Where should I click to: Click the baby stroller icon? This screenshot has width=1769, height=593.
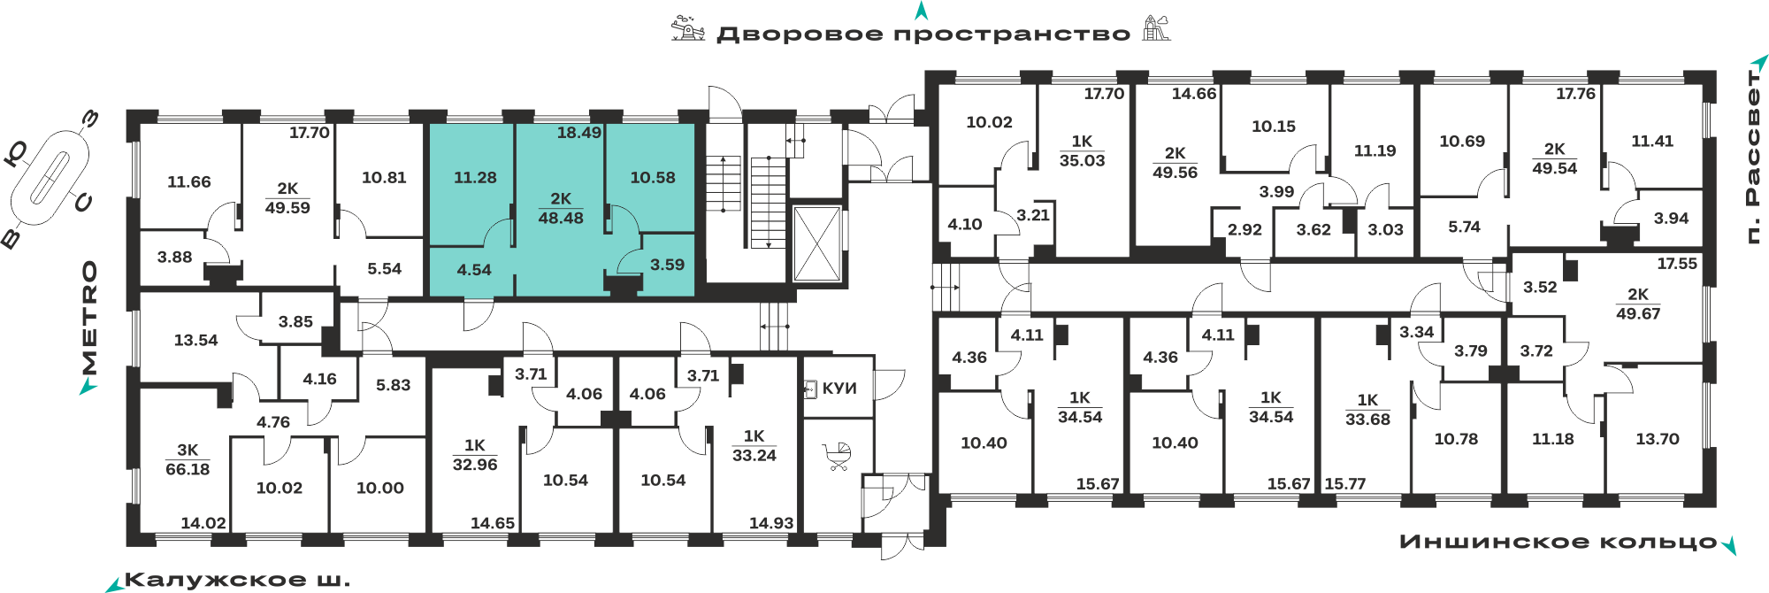(x=837, y=457)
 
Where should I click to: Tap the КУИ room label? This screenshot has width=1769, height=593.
(x=839, y=389)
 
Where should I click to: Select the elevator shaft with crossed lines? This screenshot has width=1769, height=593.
(x=816, y=243)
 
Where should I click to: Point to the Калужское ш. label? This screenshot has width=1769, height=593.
(x=237, y=581)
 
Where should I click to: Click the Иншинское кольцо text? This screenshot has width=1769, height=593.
(x=1558, y=542)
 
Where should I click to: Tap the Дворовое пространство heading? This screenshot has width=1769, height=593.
(x=923, y=35)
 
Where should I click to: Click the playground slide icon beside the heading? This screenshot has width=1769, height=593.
(x=1156, y=28)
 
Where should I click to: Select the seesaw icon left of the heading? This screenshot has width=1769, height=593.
(x=687, y=28)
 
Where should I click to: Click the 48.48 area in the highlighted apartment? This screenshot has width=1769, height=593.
(x=561, y=218)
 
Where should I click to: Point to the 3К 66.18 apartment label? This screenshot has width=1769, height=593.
(x=188, y=459)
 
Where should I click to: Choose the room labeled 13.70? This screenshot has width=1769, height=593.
(x=1657, y=439)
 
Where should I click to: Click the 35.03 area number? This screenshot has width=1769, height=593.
(x=1082, y=160)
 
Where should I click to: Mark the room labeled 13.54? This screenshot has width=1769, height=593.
(x=195, y=340)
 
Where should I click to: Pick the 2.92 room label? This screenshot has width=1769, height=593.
(x=1244, y=229)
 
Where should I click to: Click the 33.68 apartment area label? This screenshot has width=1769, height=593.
(x=1367, y=420)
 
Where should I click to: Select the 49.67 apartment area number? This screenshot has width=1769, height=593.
(x=1638, y=313)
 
